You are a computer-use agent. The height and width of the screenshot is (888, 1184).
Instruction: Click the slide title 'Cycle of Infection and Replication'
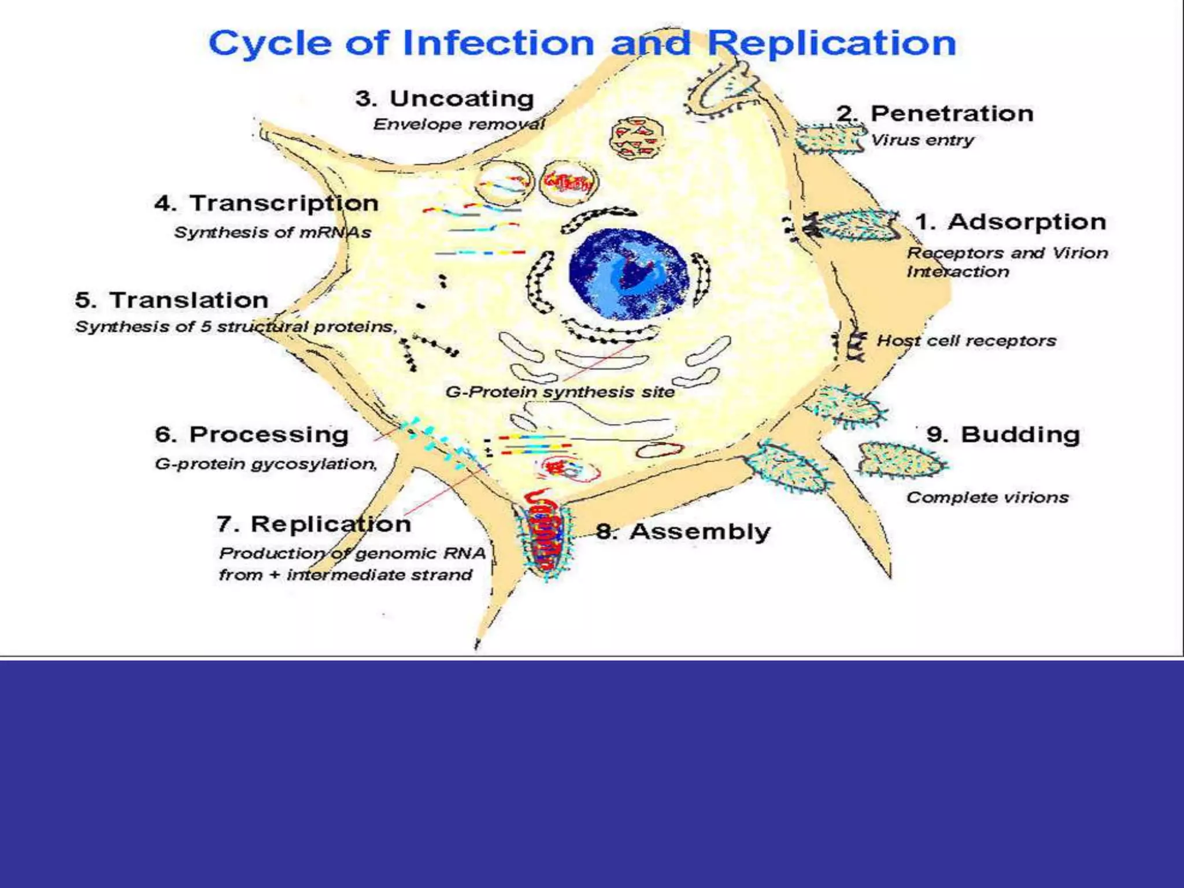582,43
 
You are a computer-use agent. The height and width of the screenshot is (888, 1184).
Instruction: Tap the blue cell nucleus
629,273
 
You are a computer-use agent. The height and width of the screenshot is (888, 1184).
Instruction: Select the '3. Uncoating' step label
445,99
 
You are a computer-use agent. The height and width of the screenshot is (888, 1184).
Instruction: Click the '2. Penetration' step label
935,113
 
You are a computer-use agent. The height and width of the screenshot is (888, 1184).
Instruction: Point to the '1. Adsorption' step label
1010,222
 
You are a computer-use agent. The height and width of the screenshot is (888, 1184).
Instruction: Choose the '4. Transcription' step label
267,203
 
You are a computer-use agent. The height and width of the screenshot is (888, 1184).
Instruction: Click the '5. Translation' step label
172,300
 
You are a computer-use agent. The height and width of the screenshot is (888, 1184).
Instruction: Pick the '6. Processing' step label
251,435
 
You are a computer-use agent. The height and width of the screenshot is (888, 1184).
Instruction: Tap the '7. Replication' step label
314,524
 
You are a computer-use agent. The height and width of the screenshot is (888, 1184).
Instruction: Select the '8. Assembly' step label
683,532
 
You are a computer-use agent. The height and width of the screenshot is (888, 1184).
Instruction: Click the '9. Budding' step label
1003,435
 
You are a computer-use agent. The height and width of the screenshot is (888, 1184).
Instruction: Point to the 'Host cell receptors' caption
966,341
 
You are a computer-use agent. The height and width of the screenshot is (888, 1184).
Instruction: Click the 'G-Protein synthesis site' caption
560,392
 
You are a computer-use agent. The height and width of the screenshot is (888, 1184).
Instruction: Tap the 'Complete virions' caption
987,498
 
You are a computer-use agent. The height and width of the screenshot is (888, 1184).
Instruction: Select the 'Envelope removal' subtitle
459,124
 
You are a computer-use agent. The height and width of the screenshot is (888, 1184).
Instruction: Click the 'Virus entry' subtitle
922,140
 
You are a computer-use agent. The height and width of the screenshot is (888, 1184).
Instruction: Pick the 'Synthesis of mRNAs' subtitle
272,232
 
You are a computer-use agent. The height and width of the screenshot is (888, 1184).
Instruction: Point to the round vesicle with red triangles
637,139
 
